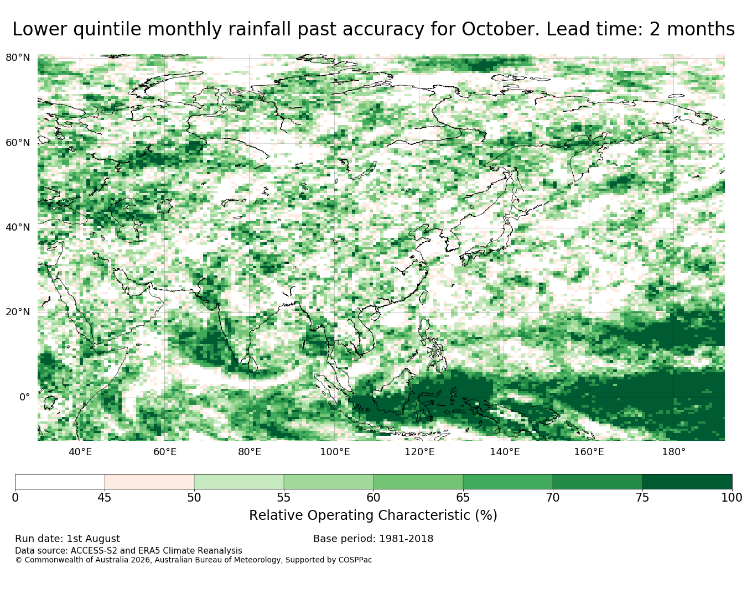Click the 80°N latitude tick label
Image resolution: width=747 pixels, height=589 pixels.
point(18,58)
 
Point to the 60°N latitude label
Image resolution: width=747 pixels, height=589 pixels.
point(18,143)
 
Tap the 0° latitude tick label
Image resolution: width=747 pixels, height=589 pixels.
point(24,397)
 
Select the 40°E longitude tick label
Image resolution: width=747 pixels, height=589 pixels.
point(80,452)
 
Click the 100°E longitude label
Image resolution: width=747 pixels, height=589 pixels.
point(335,452)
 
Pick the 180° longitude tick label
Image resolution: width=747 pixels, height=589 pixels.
point(674,452)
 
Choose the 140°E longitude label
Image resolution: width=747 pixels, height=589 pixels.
point(505,452)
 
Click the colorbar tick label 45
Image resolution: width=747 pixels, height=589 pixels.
point(104,498)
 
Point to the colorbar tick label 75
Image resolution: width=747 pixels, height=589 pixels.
point(642,498)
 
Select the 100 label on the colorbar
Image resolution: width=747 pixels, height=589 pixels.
point(732,498)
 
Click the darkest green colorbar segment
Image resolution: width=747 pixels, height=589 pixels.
point(687,481)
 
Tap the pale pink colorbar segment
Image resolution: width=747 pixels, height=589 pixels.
point(149,481)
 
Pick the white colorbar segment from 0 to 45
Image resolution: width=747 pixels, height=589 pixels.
point(60,481)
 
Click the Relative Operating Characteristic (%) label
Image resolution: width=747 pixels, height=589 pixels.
point(373,515)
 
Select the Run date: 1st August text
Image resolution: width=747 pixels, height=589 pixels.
point(68,539)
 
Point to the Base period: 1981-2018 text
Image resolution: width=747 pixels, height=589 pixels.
point(373,539)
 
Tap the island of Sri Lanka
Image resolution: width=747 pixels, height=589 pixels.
point(253,364)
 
